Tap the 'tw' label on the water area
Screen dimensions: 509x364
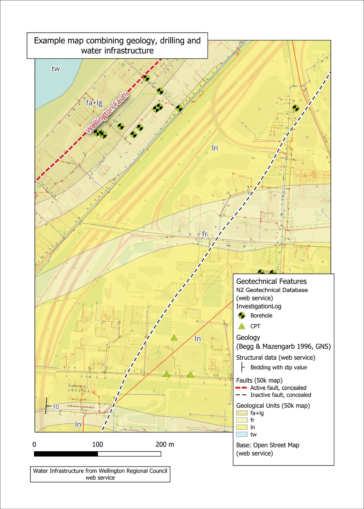pyautogui.click(x=56, y=69)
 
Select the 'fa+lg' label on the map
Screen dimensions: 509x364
pyautogui.click(x=94, y=103)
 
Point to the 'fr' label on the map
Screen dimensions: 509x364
pyautogui.click(x=204, y=234)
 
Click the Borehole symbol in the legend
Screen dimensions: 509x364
pyautogui.click(x=242, y=315)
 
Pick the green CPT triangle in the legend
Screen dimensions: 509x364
pyautogui.click(x=242, y=326)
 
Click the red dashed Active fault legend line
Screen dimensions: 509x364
pyautogui.click(x=241, y=388)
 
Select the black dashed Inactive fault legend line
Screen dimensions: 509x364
pyautogui.click(x=241, y=395)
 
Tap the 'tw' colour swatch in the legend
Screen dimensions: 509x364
pyautogui.click(x=242, y=434)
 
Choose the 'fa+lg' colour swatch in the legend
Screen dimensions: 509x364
pyautogui.click(x=242, y=413)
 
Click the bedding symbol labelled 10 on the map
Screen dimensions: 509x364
pyautogui.click(x=47, y=406)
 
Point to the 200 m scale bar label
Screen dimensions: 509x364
pyautogui.click(x=165, y=445)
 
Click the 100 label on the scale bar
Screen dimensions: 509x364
pyautogui.click(x=98, y=445)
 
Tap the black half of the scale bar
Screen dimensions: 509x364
pyautogui.click(x=66, y=454)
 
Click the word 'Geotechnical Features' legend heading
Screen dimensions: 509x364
pyautogui.click(x=271, y=281)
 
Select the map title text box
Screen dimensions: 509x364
pyautogui.click(x=117, y=46)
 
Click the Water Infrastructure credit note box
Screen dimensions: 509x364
pyautogui.click(x=100, y=474)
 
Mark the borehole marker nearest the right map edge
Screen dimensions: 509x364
pyautogui.click(x=296, y=108)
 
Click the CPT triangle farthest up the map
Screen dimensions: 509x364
pyautogui.click(x=174, y=338)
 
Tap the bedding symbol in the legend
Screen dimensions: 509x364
pyautogui.click(x=242, y=367)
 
